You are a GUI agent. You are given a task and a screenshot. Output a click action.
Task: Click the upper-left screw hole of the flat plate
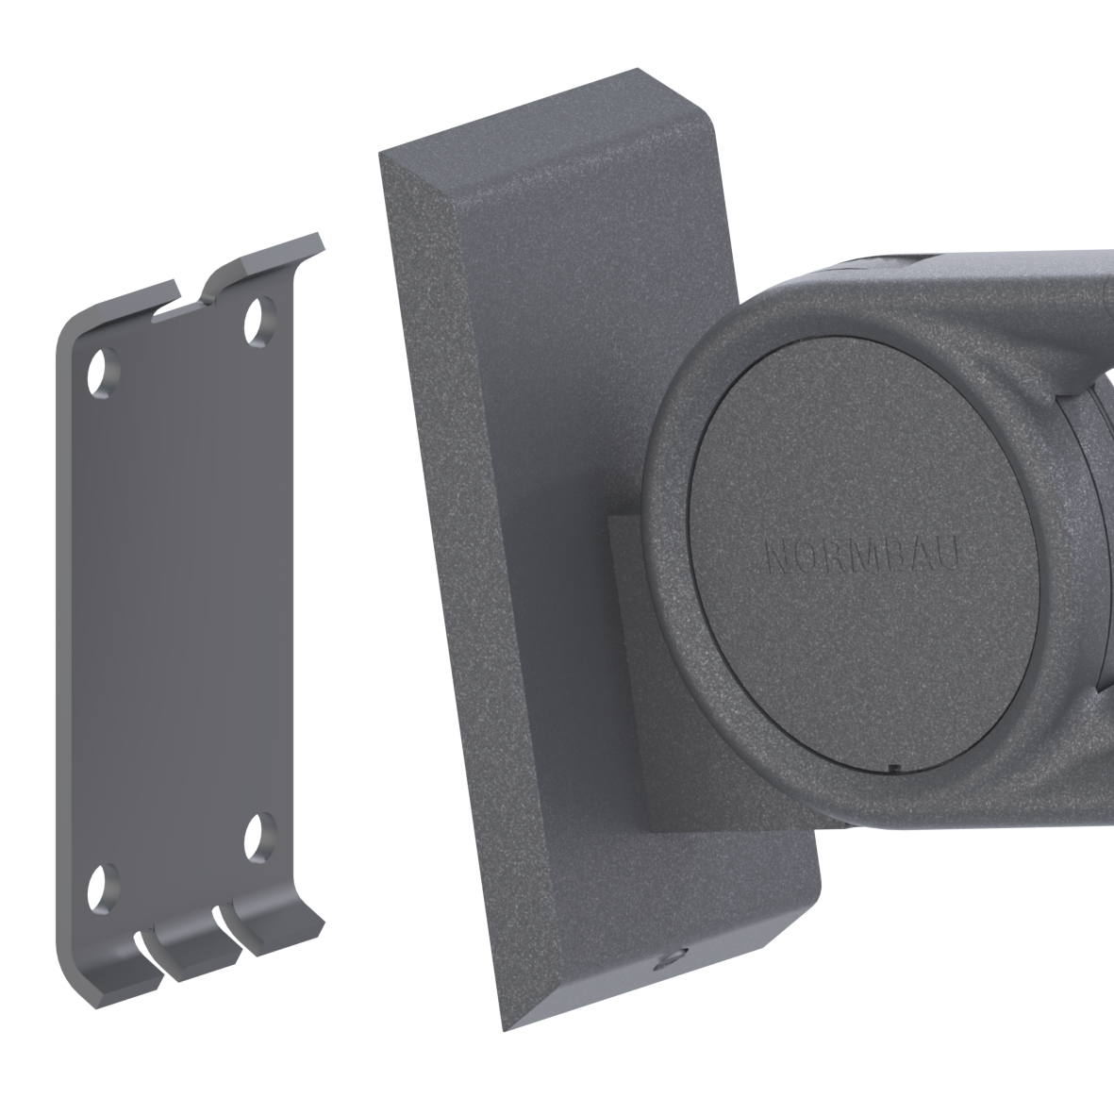click(102, 373)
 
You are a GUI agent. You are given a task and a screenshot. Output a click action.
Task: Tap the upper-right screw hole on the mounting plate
click(259, 321)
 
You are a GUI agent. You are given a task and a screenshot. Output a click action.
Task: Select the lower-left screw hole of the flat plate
click(102, 889)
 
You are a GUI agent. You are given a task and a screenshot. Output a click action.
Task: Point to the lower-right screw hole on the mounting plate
click(259, 838)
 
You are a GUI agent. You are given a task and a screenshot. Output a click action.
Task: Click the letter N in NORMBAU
click(778, 555)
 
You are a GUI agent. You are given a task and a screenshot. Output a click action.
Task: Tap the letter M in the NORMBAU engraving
click(864, 555)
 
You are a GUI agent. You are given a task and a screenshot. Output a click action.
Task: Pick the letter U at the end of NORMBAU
click(949, 554)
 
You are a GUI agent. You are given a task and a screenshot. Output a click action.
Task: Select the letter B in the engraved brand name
click(892, 555)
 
